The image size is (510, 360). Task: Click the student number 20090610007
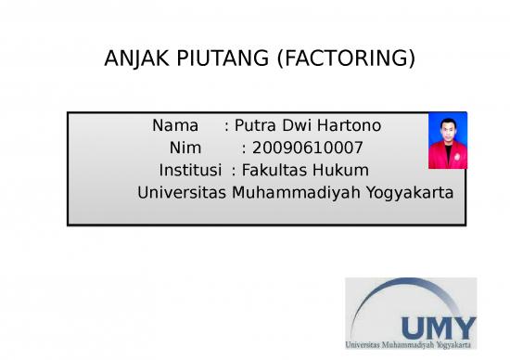301,148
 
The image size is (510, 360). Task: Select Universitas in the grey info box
182,193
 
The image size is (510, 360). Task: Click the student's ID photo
447,141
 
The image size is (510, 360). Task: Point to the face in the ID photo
447,131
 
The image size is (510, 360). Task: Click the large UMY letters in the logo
438,327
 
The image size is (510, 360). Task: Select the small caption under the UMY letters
410,345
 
